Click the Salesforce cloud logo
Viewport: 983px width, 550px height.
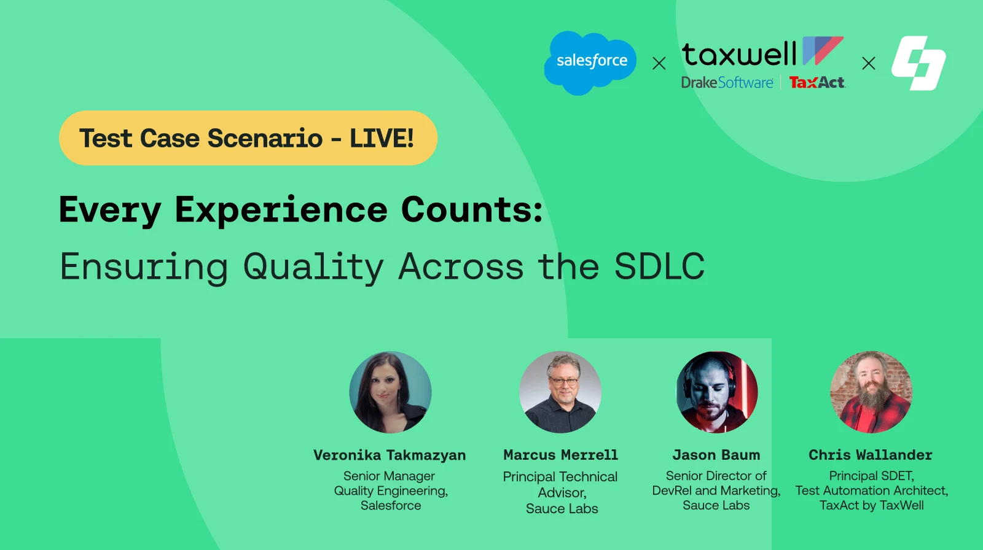pyautogui.click(x=590, y=63)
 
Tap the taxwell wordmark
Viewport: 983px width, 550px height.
pyautogui.click(x=739, y=55)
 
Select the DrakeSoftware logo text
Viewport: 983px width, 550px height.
pyautogui.click(x=727, y=83)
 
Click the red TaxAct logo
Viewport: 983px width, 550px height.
pyautogui.click(x=817, y=83)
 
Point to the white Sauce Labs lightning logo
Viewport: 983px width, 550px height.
pyautogui.click(x=918, y=63)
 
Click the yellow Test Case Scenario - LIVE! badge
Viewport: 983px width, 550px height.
pyautogui.click(x=248, y=138)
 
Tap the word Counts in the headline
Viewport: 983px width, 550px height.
pyautogui.click(x=472, y=210)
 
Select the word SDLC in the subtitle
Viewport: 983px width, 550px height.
pyautogui.click(x=659, y=267)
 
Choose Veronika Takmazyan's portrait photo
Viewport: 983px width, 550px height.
pyautogui.click(x=390, y=392)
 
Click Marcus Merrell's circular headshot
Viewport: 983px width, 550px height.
pyautogui.click(x=560, y=392)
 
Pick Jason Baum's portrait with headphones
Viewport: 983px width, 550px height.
pyautogui.click(x=716, y=392)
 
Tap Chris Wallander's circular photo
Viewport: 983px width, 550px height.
pyautogui.click(x=871, y=392)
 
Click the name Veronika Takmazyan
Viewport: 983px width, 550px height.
pyautogui.click(x=390, y=455)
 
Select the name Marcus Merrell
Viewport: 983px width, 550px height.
pyautogui.click(x=560, y=455)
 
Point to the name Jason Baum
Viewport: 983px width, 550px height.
pyautogui.click(x=716, y=455)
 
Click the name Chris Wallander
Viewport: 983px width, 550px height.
pyautogui.click(x=871, y=455)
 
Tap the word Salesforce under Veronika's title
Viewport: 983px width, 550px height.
pyautogui.click(x=391, y=506)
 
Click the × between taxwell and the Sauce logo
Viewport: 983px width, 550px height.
pyautogui.click(x=869, y=63)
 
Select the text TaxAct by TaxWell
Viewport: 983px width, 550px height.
pyautogui.click(x=871, y=506)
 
